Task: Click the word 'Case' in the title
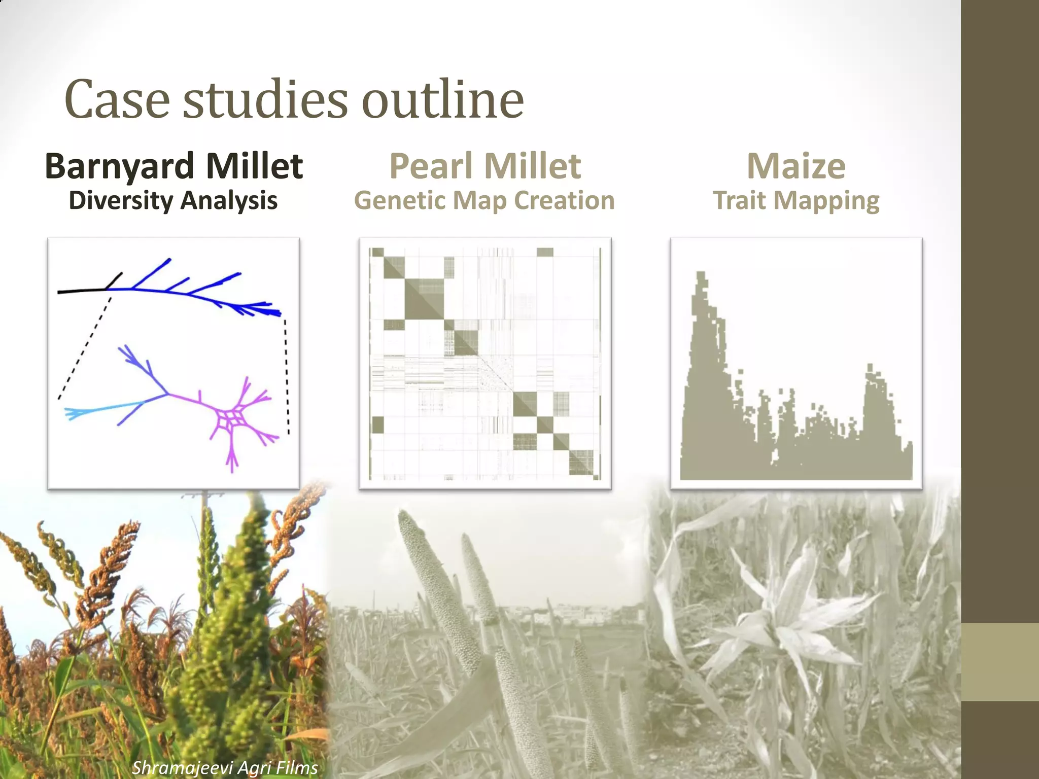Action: pos(117,99)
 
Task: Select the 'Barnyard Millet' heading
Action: pos(174,166)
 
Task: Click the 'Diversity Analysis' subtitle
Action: pos(173,201)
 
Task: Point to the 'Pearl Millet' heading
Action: pos(485,166)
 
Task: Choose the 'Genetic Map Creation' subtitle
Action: pos(484,201)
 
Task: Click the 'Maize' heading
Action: pos(796,166)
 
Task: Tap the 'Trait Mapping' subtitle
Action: pos(796,201)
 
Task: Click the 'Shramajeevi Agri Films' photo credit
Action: pos(225,767)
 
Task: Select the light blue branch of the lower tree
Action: pos(101,409)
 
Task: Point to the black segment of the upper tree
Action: pos(81,291)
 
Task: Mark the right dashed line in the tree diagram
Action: pos(287,375)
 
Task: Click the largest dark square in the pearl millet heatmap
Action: pos(424,299)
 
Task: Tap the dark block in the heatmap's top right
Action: pos(545,252)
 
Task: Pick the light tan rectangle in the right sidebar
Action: pos(999,662)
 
